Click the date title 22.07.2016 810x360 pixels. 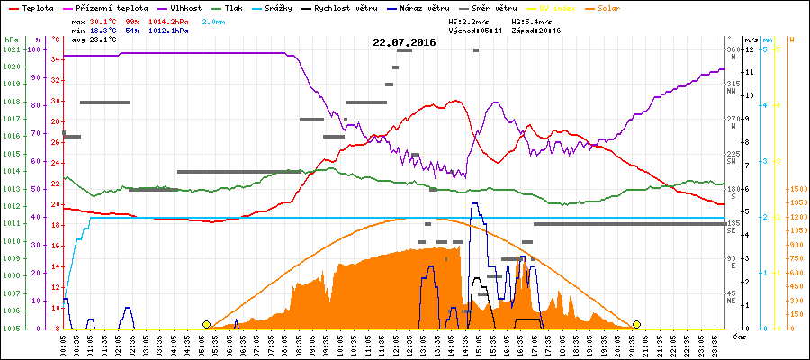[x=405, y=42]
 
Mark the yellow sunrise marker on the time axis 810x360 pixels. [x=207, y=324]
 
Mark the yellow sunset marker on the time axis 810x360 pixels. [x=636, y=324]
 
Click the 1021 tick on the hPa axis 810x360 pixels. [x=11, y=49]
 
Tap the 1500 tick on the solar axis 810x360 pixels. [x=796, y=189]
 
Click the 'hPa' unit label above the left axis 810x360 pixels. [x=11, y=40]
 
